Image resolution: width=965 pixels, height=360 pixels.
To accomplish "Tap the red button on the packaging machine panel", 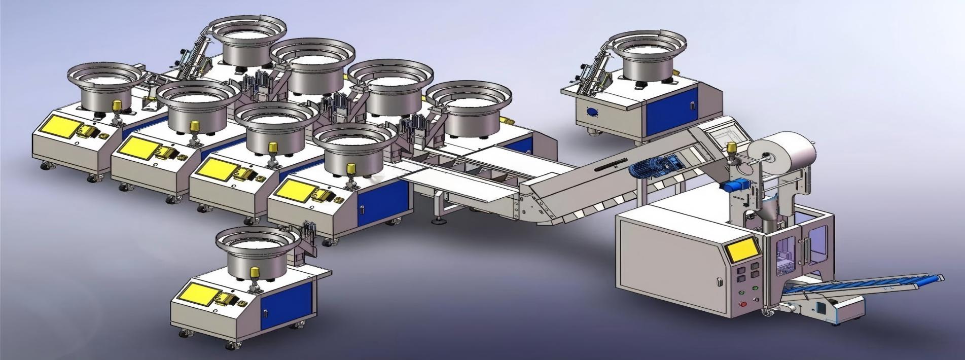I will [744, 304].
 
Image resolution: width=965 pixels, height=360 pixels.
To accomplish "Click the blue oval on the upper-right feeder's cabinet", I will [592, 111].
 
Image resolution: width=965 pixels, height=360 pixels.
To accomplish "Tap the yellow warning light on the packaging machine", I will [732, 149].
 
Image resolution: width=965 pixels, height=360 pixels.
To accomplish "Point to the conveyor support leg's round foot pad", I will [437, 221].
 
